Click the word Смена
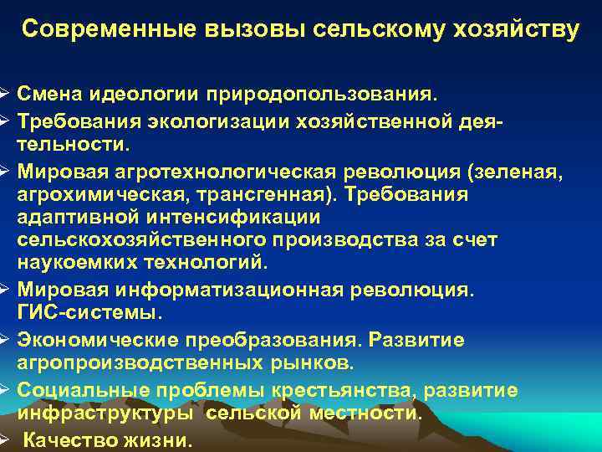(47, 90)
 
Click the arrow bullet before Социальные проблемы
(4, 390)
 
